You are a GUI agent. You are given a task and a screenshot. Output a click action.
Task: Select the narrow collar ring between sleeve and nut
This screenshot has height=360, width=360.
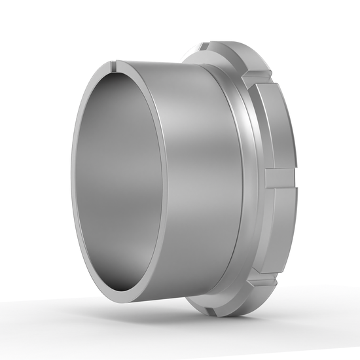[x=246, y=177]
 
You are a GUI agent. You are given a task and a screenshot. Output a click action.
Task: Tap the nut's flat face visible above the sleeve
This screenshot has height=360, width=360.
[x=196, y=62]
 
